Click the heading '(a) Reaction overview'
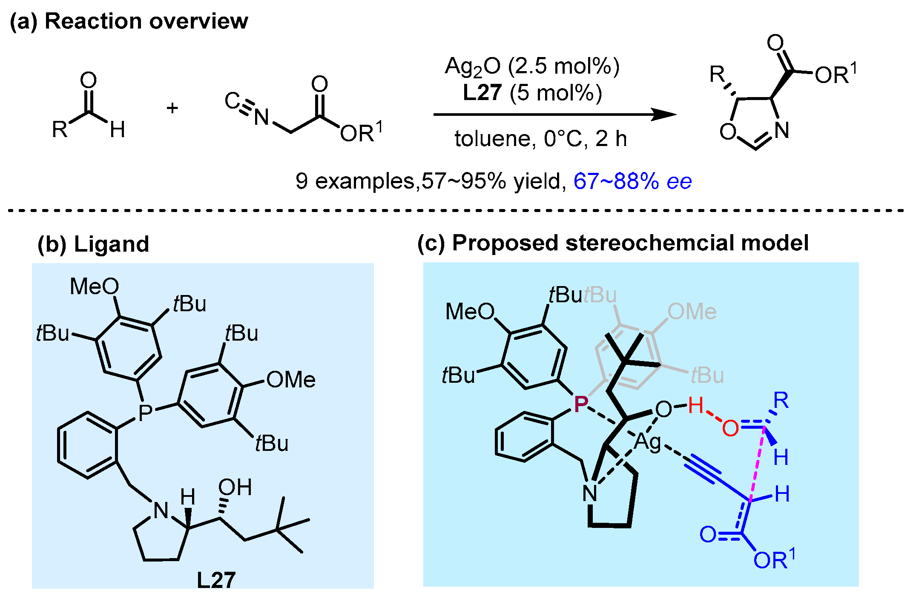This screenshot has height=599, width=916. tap(129, 21)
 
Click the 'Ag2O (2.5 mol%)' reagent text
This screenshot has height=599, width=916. tap(532, 67)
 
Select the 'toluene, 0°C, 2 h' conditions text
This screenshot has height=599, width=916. tap(540, 139)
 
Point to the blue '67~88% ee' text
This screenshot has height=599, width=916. tap(632, 181)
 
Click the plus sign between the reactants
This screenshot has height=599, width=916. tap(172, 108)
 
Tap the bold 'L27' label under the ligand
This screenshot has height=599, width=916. tap(216, 580)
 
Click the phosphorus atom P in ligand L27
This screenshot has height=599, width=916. tap(145, 412)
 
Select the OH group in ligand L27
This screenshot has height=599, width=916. tap(235, 487)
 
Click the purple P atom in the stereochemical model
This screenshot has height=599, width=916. tap(581, 403)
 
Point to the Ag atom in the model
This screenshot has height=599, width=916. tap(647, 442)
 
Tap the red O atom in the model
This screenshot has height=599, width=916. tap(730, 428)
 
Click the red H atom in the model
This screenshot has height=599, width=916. tap(695, 405)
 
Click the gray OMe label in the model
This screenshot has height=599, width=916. tap(692, 312)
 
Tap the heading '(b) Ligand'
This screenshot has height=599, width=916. tap(93, 244)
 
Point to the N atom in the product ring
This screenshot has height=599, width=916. tap(781, 130)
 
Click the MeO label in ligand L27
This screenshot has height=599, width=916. tap(94, 286)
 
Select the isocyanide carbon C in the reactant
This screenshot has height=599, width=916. tap(232, 100)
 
